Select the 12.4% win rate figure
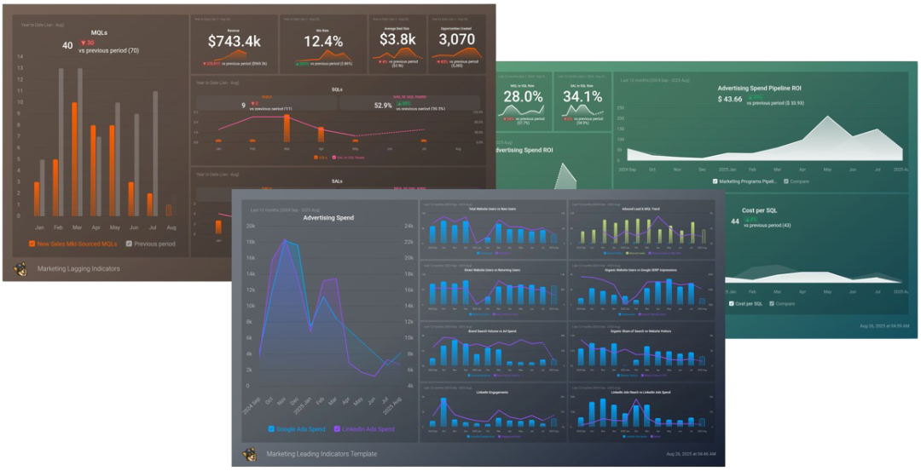coord(323,41)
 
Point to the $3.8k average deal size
coord(397,39)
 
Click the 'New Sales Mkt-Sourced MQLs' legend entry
coord(72,244)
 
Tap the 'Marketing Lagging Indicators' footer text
coord(78,268)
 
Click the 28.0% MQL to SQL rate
coord(524,97)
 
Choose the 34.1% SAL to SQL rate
coord(582,97)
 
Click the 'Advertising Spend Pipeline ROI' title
coord(759,88)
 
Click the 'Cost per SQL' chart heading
coord(759,210)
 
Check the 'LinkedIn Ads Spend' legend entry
coord(366,428)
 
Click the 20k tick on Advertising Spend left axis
coord(251,227)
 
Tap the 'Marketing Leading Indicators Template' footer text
coord(321,454)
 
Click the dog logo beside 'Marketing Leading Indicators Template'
coord(249,454)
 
